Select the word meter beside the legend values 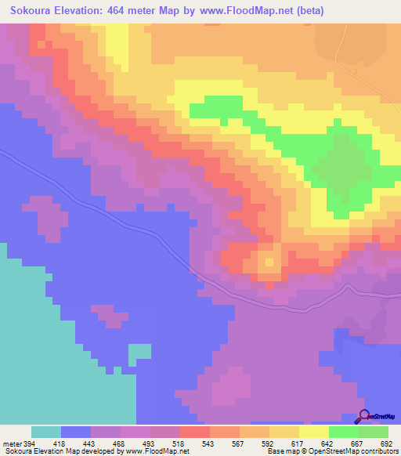click(11, 443)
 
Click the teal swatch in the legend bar click(46, 432)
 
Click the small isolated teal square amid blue click(139, 353)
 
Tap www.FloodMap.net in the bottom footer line click(153, 452)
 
